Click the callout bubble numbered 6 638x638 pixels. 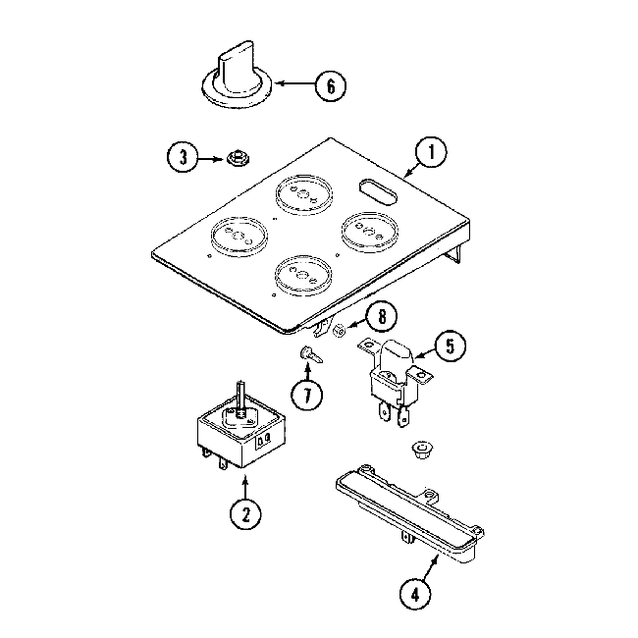(330, 85)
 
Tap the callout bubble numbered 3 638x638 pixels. (182, 157)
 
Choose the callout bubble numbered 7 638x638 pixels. (308, 398)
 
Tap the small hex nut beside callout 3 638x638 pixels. (236, 156)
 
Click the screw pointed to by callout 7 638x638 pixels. (309, 353)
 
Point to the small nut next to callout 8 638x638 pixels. (338, 331)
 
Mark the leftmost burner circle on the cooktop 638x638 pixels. (236, 237)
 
